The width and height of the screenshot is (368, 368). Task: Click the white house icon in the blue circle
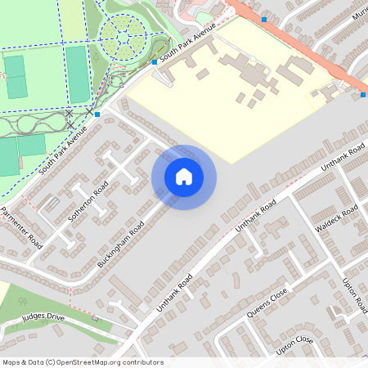[x=184, y=177]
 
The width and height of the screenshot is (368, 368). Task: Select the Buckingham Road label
[x=120, y=244]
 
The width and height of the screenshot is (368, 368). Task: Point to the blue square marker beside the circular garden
[x=155, y=61]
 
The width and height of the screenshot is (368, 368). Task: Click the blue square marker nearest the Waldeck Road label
[x=362, y=95]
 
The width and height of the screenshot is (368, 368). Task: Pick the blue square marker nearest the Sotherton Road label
[x=97, y=114]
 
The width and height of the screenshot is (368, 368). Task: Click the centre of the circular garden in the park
[x=123, y=34]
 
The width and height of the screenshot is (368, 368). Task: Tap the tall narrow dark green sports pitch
[x=76, y=74]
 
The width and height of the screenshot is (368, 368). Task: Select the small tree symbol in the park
[x=97, y=58]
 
